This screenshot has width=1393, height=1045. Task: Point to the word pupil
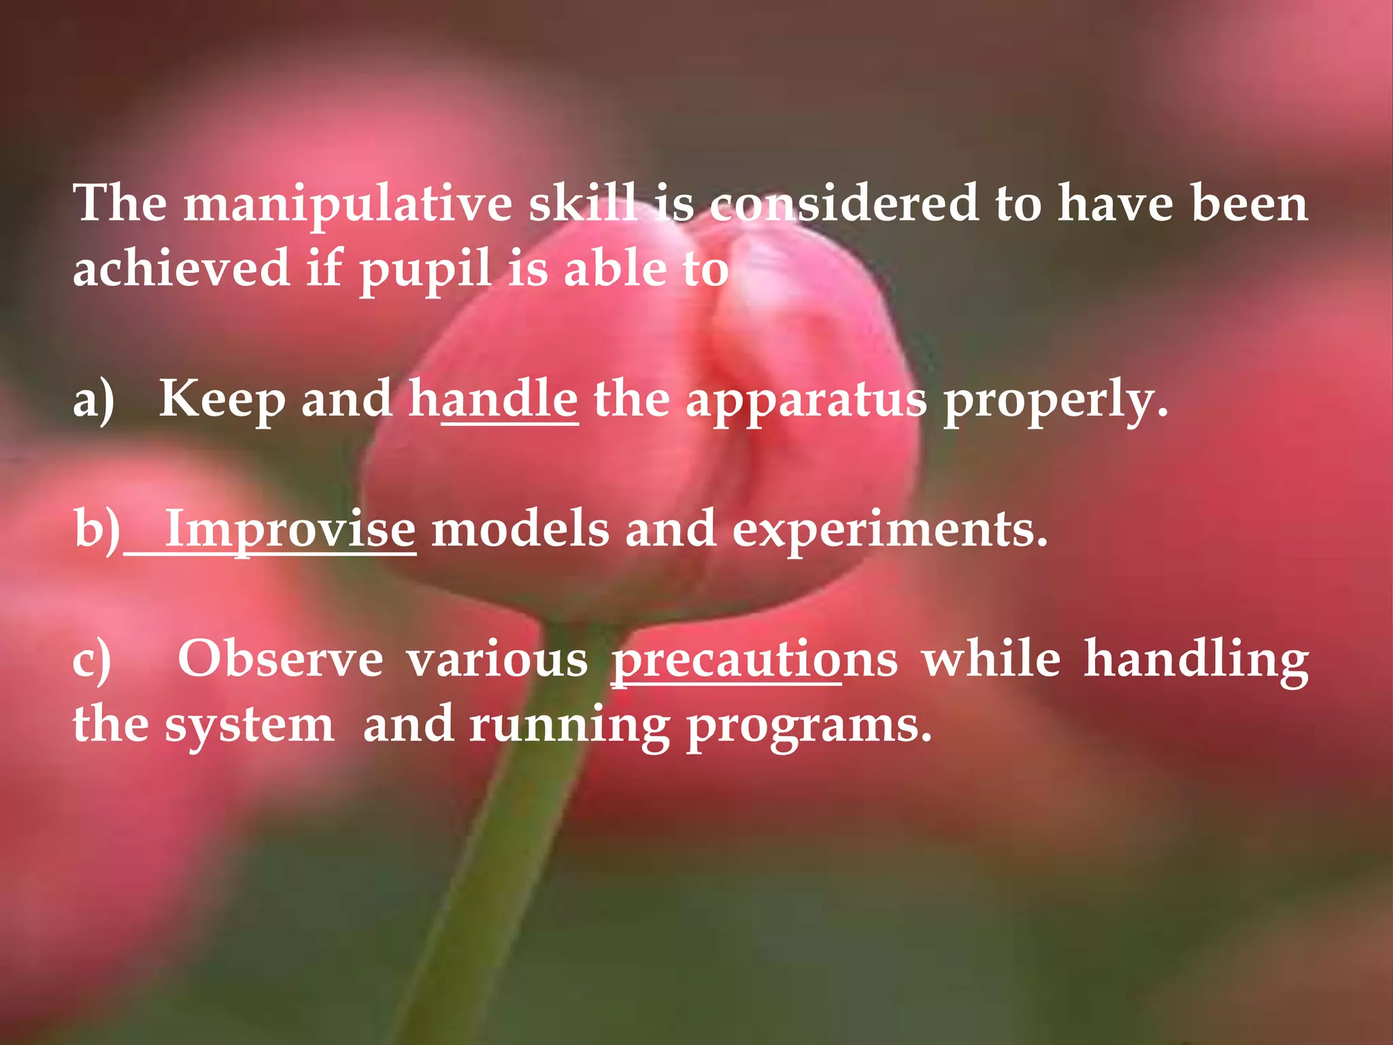(x=425, y=269)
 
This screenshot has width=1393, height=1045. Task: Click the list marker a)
(x=93, y=399)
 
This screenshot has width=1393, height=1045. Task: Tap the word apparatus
(x=806, y=400)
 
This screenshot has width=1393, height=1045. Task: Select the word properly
(x=1055, y=400)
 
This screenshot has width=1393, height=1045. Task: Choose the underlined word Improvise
(x=290, y=529)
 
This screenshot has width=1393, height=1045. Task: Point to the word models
(x=520, y=529)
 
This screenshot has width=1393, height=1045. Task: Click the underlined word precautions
(x=754, y=660)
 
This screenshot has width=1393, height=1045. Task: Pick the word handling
(x=1196, y=660)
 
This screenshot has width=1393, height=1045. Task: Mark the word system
(x=249, y=725)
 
